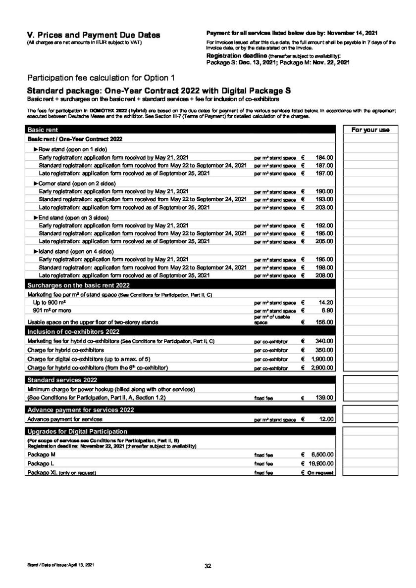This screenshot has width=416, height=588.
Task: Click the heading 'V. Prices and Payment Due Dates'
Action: tap(94, 35)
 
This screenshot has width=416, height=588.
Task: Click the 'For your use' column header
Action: tap(370, 130)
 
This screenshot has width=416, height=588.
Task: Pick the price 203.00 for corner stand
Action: tap(325, 207)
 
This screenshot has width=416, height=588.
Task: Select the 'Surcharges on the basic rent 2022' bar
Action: tap(79, 285)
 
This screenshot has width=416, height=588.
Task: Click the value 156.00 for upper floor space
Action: tap(325, 322)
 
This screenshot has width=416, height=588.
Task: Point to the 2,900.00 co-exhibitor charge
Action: tap(323, 368)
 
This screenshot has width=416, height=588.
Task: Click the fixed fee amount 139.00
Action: tap(325, 398)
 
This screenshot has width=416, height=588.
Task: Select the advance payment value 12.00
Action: tap(326, 419)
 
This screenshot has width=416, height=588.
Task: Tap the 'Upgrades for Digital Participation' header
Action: tap(77, 431)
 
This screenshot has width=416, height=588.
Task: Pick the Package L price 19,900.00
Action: tap(321, 463)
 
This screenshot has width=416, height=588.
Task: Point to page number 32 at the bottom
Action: tap(208, 566)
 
